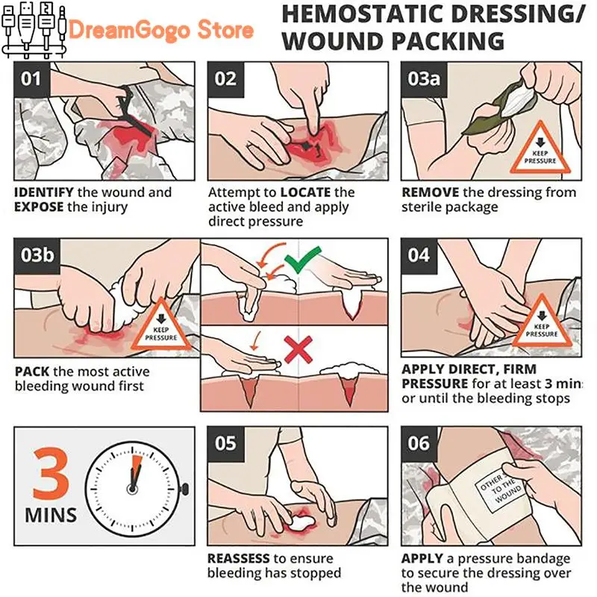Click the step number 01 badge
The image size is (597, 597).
click(x=32, y=80)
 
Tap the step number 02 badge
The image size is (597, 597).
click(x=225, y=80)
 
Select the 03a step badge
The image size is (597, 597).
click(x=424, y=80)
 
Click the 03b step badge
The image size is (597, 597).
click(x=37, y=256)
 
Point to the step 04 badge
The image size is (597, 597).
click(x=419, y=256)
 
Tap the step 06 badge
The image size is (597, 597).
click(x=419, y=444)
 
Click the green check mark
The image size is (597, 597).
click(x=302, y=260)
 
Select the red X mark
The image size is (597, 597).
click(x=298, y=349)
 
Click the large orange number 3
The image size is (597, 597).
click(x=51, y=474)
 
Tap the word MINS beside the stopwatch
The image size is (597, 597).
click(x=51, y=516)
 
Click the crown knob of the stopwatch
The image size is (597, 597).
click(x=184, y=490)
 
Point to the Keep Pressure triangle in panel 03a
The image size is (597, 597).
click(x=540, y=151)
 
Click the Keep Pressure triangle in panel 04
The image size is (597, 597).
click(x=542, y=324)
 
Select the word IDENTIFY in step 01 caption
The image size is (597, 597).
click(x=44, y=193)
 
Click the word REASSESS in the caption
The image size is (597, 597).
click(x=239, y=558)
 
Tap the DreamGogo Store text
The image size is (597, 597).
click(x=161, y=31)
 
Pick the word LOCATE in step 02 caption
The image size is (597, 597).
click(x=305, y=193)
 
